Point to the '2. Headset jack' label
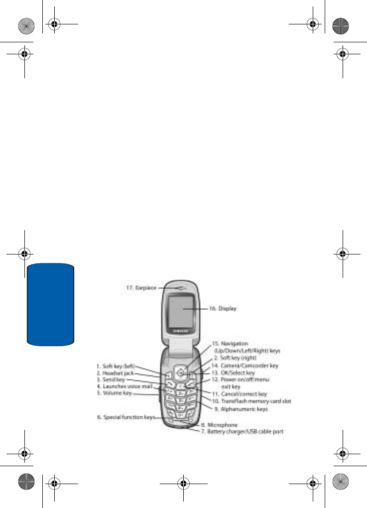tap(115, 373)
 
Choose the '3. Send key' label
tap(111, 380)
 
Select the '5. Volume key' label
tap(114, 393)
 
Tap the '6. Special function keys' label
tap(126, 417)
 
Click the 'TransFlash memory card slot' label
tap(251, 401)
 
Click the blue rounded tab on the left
tap(51, 305)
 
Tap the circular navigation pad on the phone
tap(183, 371)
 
